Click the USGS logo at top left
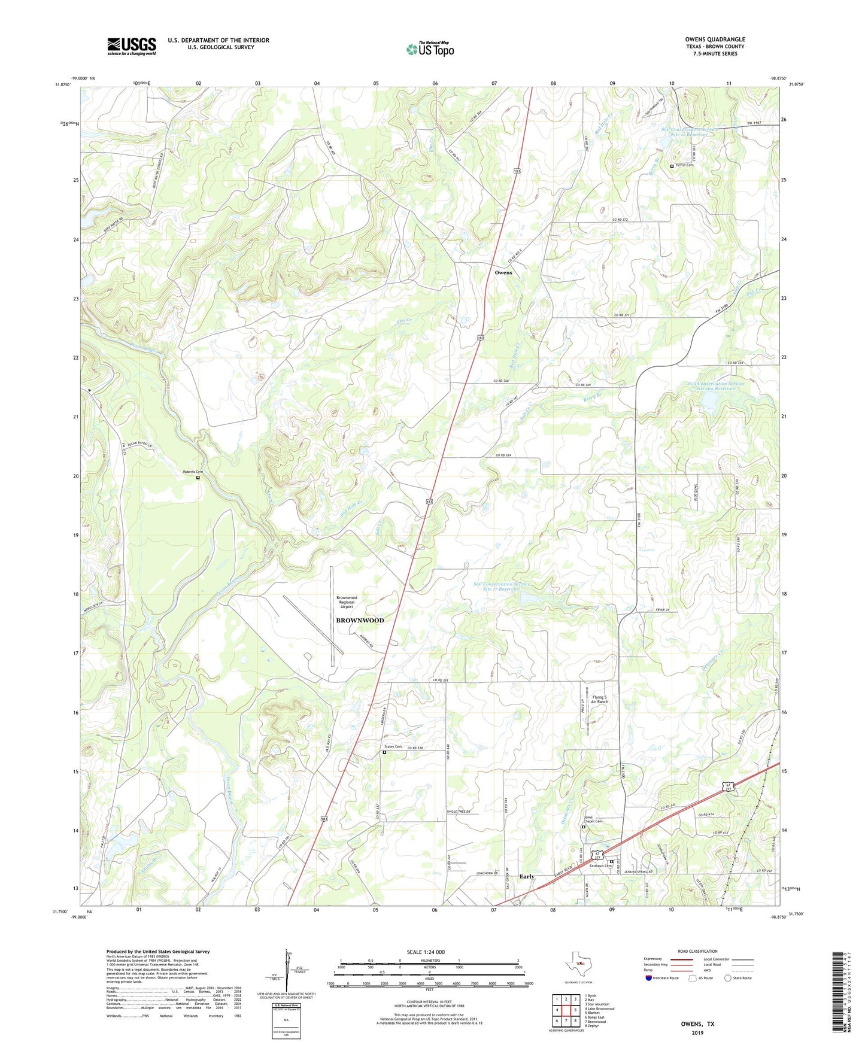132,46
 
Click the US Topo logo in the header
430,49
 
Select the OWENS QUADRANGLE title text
715,40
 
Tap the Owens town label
503,272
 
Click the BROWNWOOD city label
360,620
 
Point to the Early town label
527,876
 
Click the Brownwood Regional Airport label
347,602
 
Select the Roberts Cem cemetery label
193,472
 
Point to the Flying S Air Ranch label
599,700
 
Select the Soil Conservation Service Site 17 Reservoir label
502,587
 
